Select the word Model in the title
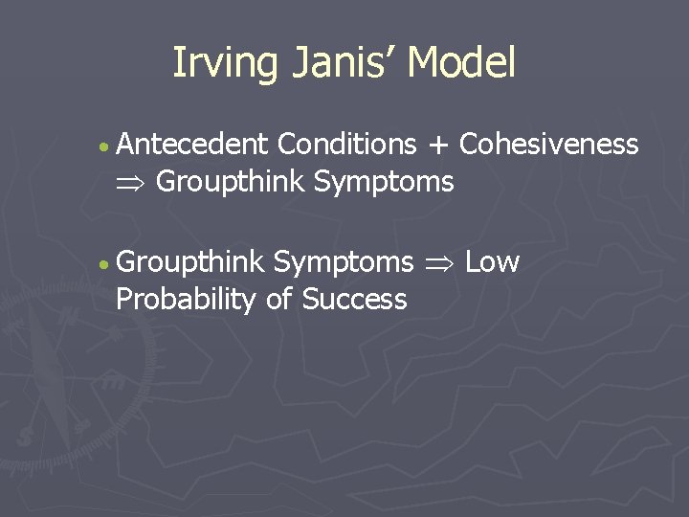[461, 63]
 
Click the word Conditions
[346, 145]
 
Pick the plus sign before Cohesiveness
[437, 146]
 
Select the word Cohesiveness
[549, 145]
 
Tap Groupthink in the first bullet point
[230, 182]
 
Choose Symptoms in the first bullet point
[384, 182]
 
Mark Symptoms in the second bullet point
[344, 262]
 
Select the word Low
[492, 262]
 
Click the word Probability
[187, 300]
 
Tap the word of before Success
[279, 300]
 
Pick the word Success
[354, 300]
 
